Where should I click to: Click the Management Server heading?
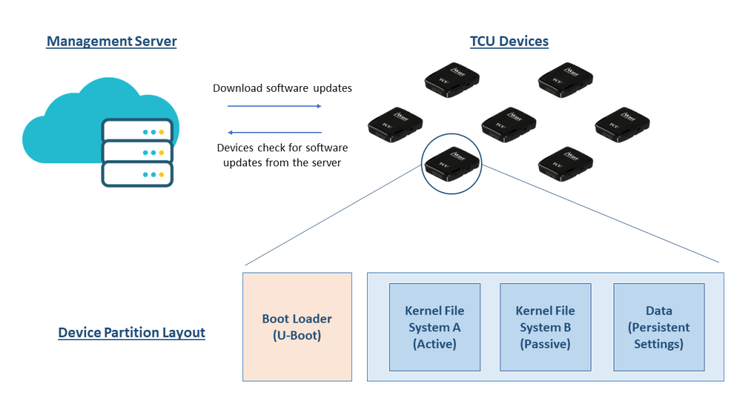111,41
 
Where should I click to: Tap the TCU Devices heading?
509,41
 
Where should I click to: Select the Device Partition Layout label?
131,333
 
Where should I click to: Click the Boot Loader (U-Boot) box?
297,326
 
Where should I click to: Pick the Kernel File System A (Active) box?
434,327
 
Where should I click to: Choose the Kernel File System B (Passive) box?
545,327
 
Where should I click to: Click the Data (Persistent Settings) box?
659,327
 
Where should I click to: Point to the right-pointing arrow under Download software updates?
275,106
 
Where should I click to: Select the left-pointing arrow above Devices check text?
275,132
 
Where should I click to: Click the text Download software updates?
282,88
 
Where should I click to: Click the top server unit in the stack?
138,132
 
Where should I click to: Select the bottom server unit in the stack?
138,174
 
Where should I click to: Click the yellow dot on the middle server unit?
161,153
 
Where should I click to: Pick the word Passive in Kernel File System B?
545,343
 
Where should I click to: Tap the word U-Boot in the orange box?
297,335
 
